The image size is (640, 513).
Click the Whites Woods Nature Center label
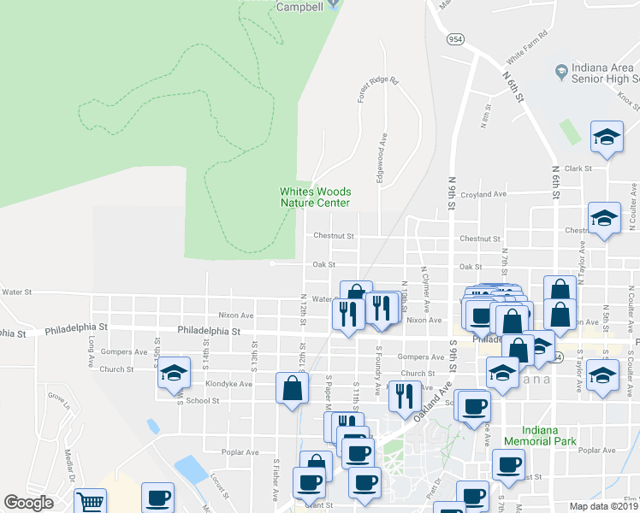tap(315, 197)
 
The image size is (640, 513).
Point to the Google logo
tap(28, 503)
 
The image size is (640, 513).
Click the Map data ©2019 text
tap(604, 506)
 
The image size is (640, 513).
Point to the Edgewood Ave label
tap(384, 156)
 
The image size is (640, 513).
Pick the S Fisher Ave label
tap(276, 479)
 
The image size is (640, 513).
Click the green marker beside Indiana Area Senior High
tap(562, 70)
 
